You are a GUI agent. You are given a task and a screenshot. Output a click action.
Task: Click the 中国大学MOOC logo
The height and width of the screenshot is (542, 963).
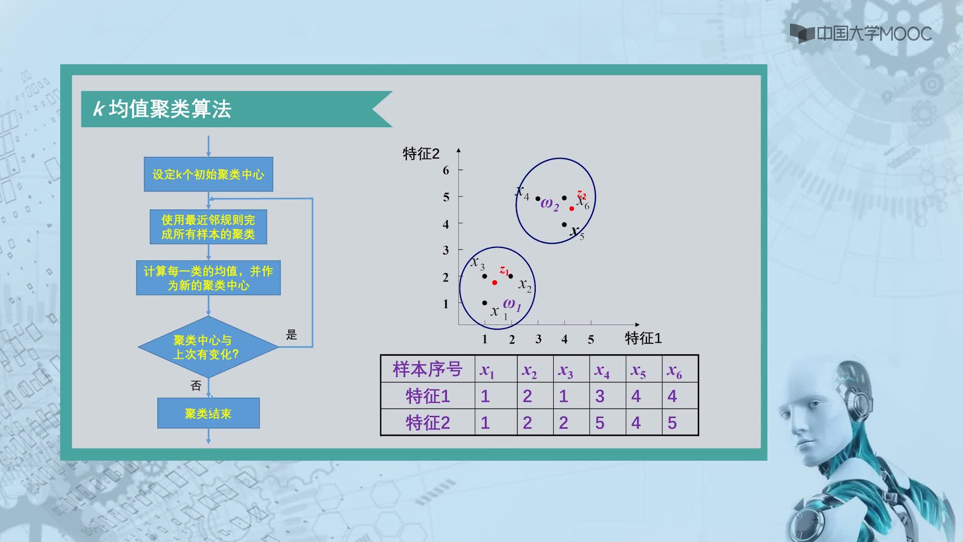861,33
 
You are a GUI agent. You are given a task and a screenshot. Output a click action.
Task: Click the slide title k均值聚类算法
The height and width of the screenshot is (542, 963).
162,109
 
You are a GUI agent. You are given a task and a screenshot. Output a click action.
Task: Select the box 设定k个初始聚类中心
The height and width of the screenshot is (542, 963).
209,174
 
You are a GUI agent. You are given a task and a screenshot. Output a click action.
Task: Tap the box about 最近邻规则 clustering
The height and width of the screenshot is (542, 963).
208,227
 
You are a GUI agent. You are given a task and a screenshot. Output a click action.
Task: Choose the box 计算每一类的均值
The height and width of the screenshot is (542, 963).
208,278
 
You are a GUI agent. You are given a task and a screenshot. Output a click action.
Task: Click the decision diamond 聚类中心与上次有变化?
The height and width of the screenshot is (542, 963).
208,347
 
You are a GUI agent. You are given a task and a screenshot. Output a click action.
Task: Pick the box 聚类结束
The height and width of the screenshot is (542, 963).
208,413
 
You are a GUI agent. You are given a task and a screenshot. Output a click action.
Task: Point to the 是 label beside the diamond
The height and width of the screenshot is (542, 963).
291,335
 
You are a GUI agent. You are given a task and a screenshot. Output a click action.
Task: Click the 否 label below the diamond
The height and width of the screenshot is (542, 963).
196,385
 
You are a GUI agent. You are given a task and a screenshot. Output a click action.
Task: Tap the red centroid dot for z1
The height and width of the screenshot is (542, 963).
495,283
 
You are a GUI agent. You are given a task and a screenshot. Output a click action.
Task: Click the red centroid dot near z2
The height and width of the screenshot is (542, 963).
572,208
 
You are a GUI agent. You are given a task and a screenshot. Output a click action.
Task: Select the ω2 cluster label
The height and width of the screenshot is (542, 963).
550,204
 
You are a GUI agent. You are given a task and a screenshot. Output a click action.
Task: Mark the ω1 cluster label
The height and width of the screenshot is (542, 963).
512,304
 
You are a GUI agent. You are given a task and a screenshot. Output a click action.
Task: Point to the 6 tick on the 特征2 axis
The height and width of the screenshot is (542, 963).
446,170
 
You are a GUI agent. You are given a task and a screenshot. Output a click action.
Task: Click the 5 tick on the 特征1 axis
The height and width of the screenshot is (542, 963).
591,339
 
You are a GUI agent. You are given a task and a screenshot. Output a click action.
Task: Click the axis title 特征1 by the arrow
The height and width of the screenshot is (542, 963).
643,338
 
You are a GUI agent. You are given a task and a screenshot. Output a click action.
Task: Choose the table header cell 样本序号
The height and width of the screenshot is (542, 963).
427,369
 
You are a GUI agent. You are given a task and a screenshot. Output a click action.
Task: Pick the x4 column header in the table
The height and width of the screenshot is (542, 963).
602,371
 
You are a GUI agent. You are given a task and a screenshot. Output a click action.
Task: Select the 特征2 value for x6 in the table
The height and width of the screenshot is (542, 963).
672,423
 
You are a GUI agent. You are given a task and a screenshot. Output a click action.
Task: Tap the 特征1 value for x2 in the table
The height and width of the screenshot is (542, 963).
527,396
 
